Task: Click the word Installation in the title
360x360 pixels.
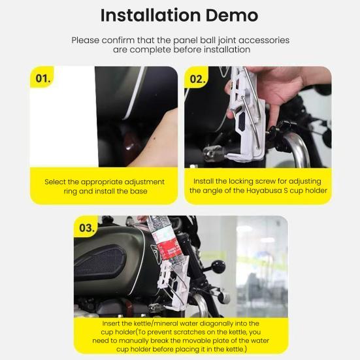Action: coord(151,16)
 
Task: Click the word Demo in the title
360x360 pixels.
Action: coord(232,16)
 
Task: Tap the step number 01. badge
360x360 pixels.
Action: coord(42,78)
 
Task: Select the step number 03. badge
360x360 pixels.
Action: coord(86,228)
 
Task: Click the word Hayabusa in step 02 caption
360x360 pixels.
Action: coord(264,191)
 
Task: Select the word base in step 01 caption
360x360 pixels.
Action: coord(139,191)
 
